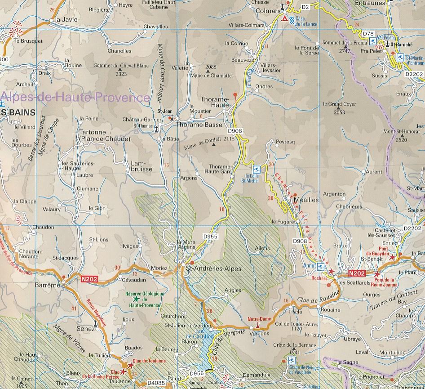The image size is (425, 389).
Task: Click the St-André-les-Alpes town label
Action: [213, 269]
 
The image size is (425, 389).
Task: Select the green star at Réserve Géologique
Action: [136, 299]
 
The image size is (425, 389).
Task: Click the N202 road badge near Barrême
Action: [89, 280]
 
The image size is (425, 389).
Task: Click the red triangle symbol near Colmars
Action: [284, 19]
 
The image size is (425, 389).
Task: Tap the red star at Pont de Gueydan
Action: [393, 257]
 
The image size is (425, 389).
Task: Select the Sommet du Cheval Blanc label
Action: [120, 66]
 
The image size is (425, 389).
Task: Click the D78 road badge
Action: [368, 34]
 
